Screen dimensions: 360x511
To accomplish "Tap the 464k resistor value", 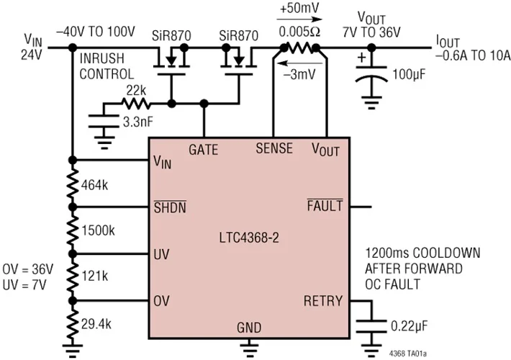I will [95, 184].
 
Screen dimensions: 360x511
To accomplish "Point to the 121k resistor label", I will [95, 276].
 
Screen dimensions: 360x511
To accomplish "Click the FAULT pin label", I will [325, 207].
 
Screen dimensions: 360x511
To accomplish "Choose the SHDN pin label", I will [171, 207].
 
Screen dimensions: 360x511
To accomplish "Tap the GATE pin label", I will [203, 149].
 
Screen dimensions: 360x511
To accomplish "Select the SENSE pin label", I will [274, 149].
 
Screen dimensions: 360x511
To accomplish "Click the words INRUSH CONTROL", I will [107, 67].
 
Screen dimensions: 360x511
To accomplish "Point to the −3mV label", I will [295, 73].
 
